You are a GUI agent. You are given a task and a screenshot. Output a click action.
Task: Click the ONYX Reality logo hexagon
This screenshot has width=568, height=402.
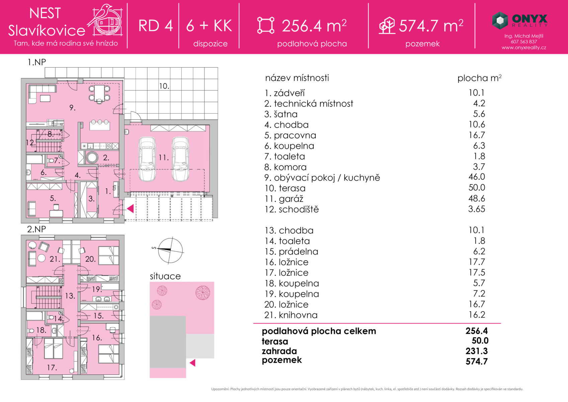click(x=500, y=20)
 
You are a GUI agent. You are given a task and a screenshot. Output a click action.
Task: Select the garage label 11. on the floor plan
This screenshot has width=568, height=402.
click(x=164, y=157)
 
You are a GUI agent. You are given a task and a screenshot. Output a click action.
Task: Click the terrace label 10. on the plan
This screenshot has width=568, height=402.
click(x=164, y=86)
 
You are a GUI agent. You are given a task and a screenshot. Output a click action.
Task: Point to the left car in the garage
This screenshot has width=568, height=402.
click(x=147, y=159)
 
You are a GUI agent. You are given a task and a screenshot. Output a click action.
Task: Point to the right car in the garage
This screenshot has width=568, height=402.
click(x=180, y=159)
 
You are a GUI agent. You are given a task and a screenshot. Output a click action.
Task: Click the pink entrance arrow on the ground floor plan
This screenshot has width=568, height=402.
click(x=130, y=209)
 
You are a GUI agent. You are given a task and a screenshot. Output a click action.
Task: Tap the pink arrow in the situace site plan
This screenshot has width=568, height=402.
click(x=192, y=363)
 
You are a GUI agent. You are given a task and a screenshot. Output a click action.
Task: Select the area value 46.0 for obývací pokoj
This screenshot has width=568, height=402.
click(x=477, y=177)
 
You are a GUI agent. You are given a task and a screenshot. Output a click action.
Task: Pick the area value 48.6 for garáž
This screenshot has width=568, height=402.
click(x=477, y=198)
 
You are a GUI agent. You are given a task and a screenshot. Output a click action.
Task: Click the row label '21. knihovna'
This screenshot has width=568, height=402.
click(x=291, y=315)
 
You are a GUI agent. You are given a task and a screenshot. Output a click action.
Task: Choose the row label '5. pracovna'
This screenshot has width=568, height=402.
click(x=290, y=135)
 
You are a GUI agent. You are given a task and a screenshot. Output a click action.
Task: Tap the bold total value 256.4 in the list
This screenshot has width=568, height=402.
click(x=477, y=331)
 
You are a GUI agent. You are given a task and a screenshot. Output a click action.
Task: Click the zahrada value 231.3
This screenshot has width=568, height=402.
click(x=477, y=351)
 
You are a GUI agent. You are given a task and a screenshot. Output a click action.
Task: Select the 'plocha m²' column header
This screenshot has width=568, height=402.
click(x=479, y=78)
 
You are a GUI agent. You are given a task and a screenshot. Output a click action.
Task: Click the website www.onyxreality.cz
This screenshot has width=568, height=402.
click(x=523, y=48)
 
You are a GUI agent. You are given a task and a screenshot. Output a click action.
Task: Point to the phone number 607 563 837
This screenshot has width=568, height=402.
click(x=523, y=42)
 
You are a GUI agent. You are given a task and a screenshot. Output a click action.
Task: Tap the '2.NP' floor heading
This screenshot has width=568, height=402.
click(x=36, y=229)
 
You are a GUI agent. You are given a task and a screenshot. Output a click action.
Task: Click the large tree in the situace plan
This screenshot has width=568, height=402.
click(x=202, y=292)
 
